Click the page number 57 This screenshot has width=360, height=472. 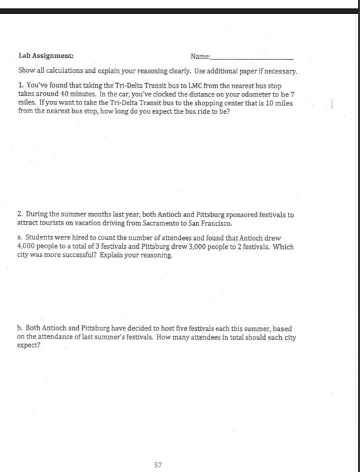tap(158, 446)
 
